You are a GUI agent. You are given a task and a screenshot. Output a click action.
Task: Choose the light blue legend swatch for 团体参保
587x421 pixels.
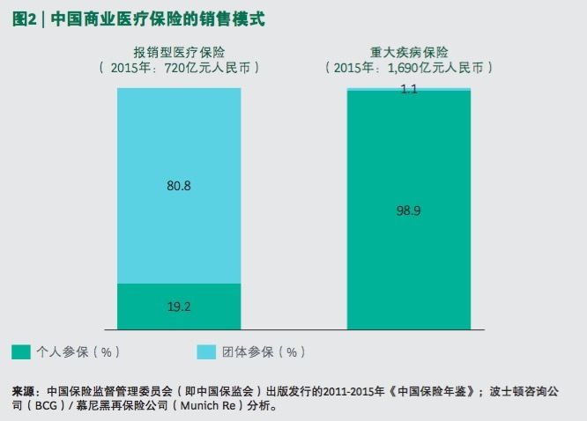click(207, 352)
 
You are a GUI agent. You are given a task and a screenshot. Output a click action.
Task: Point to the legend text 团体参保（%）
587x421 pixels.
click(264, 352)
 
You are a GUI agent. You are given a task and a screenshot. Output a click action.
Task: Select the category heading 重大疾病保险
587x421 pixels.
click(409, 51)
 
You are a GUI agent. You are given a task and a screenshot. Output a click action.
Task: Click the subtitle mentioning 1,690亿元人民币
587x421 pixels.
click(409, 67)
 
